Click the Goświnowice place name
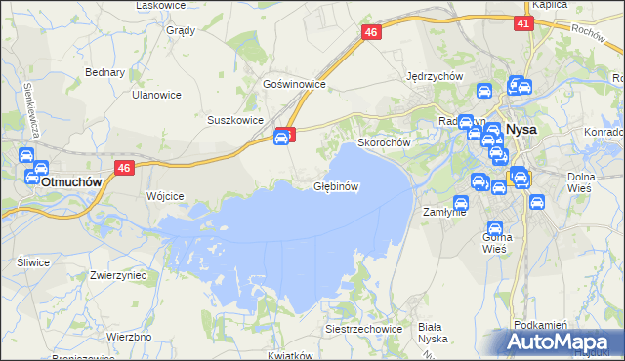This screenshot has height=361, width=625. pos(294,85)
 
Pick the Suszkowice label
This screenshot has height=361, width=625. pos(235,120)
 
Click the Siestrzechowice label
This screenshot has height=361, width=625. pos(364,330)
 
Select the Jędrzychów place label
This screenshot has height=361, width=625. pos(434,76)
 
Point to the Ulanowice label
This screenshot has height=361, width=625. pos(157,95)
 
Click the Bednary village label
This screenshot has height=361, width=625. pos(105,72)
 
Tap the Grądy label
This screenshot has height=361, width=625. pos(181,30)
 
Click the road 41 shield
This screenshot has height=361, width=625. pos(523,23)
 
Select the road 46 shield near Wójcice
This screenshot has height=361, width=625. pos(123,168)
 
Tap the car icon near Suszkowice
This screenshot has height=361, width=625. pos(281,139)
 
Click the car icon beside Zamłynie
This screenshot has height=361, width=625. pos(460,203)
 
